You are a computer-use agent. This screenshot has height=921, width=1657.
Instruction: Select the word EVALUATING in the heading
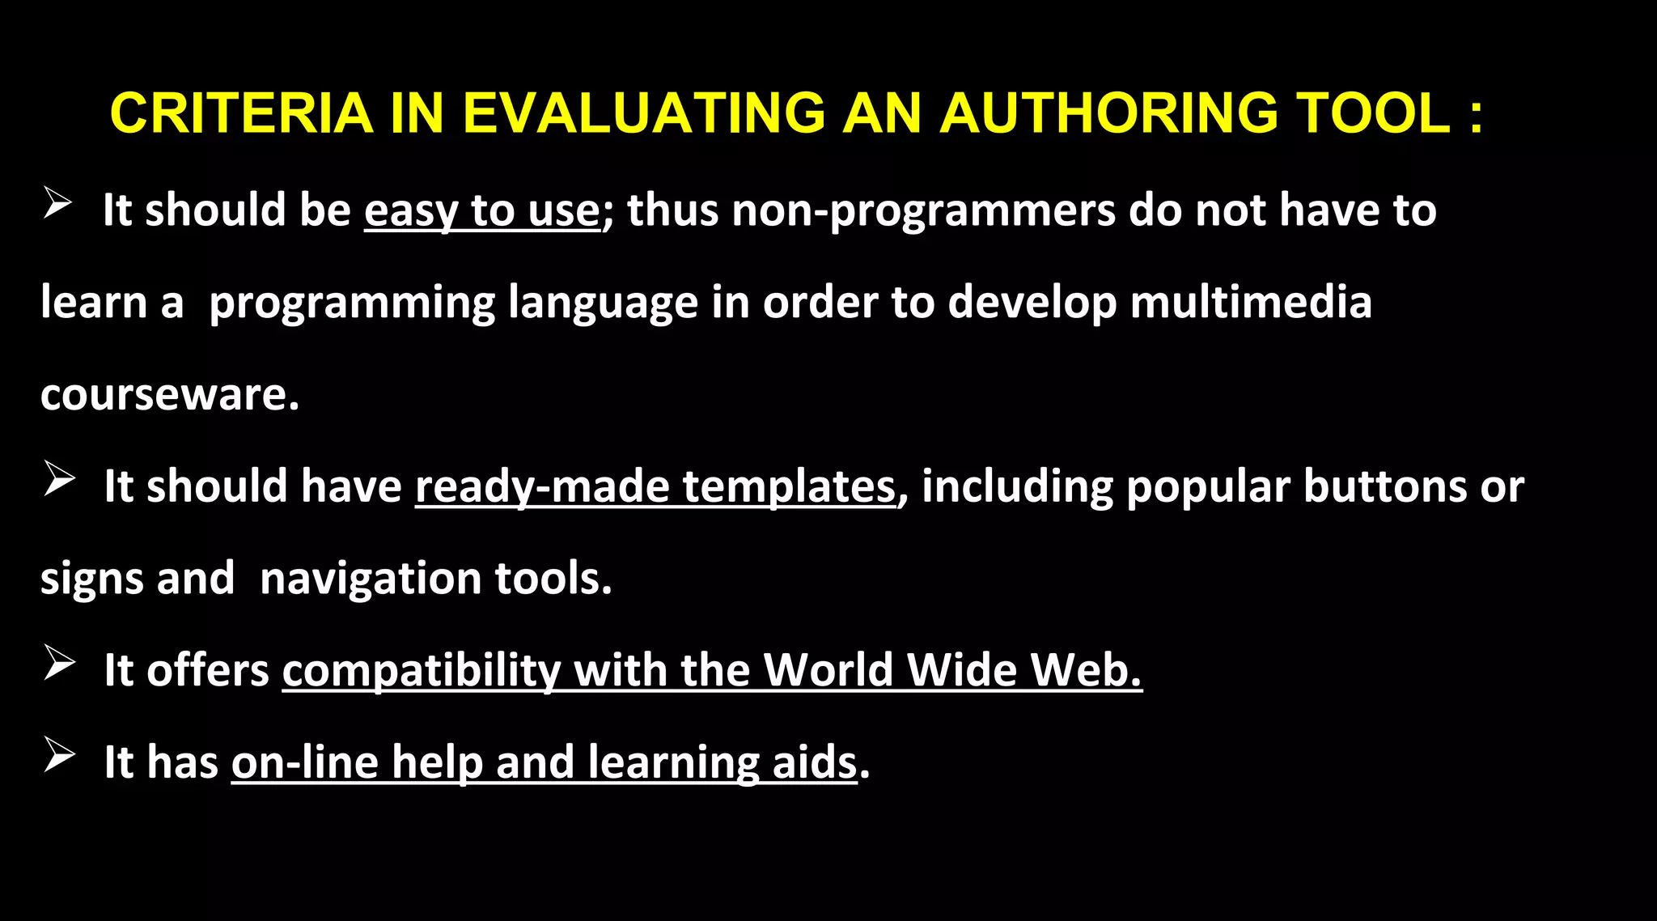pos(643,113)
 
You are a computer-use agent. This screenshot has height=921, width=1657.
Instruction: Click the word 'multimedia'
pos(1251,303)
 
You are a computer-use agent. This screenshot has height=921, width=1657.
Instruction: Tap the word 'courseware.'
pos(170,395)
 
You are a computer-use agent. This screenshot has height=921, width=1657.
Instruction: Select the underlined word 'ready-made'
pos(542,487)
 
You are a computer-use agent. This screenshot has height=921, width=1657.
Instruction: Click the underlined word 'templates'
pos(789,487)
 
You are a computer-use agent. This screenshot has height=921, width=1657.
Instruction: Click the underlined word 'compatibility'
pos(421,671)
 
